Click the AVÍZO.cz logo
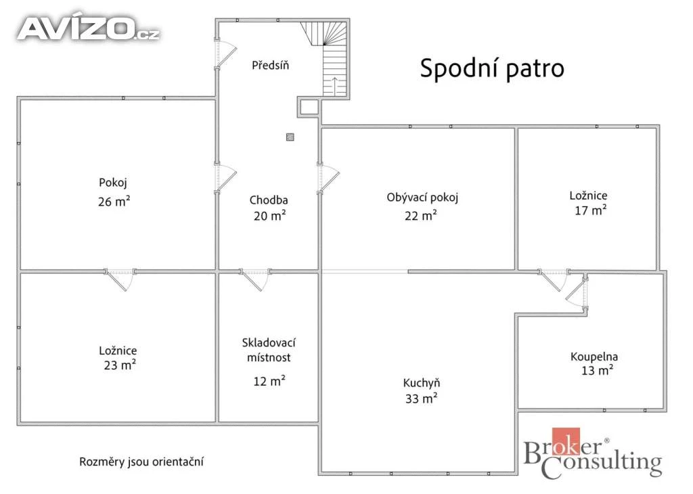[89, 28]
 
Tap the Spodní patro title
[492, 68]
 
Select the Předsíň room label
[271, 65]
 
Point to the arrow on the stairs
[335, 86]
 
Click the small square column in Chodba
[290, 137]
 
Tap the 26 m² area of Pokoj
[114, 202]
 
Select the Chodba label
[269, 200]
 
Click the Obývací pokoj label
[422, 197]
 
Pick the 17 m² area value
[590, 210]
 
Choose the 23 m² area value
[120, 365]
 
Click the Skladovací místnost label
[269, 350]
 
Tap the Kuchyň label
[422, 382]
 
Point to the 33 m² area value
[421, 399]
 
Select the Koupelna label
[594, 356]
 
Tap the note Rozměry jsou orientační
[141, 462]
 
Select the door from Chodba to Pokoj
[225, 178]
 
